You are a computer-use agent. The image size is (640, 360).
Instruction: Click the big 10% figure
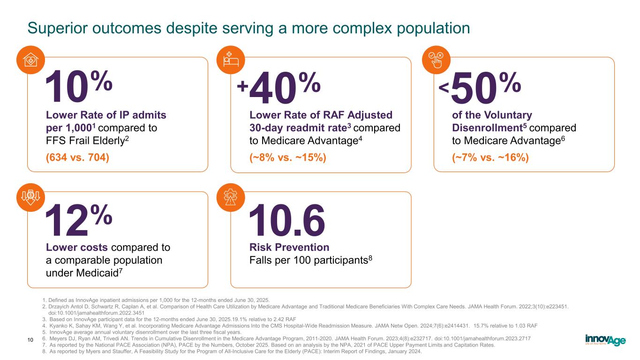tap(78, 88)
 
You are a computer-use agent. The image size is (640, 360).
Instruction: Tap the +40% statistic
tap(279, 88)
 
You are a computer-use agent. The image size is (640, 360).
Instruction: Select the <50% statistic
tap(480, 88)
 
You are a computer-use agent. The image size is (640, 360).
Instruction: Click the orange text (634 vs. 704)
tap(77, 157)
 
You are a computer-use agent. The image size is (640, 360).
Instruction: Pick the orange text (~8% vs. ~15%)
tap(287, 157)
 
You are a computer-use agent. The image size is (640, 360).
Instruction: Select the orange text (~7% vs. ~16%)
tap(490, 157)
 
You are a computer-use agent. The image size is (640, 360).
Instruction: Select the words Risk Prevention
tap(289, 247)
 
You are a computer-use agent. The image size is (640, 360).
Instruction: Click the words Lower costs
tap(77, 247)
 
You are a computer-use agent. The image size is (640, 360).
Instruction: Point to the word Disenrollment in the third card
tap(489, 127)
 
